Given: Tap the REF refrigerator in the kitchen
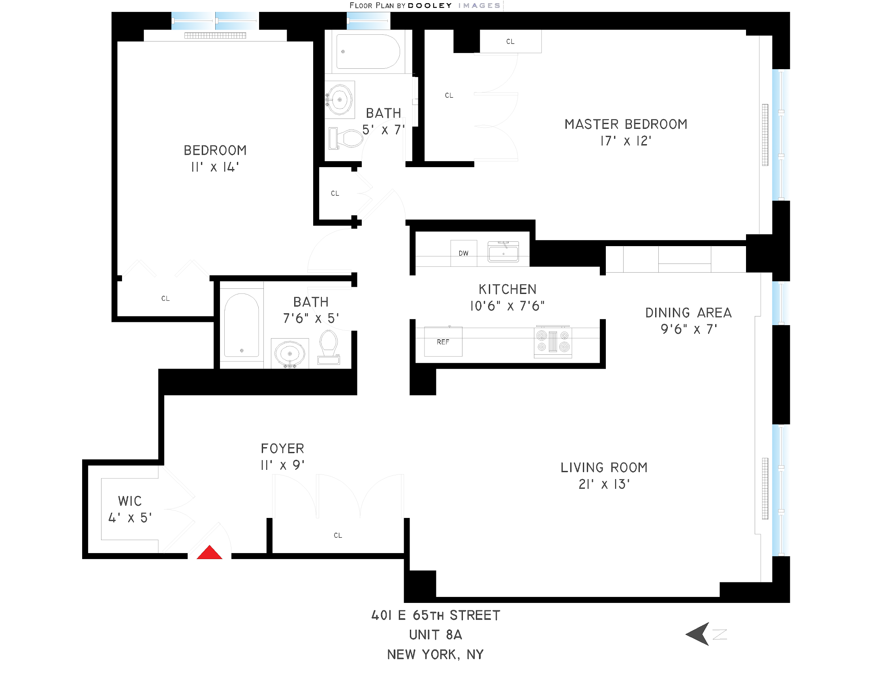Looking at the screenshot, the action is click(443, 342).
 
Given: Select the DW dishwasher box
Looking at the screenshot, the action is click(463, 253).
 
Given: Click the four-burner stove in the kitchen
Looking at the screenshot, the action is click(553, 341).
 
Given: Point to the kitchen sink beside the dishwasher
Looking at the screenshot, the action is click(503, 252).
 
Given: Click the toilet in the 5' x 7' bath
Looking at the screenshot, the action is click(346, 138).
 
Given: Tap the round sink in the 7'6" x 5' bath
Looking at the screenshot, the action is click(289, 353).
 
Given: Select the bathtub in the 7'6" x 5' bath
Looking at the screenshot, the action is click(241, 325).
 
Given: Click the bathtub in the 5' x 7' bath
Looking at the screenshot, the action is click(367, 51).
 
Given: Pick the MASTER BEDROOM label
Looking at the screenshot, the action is click(626, 124).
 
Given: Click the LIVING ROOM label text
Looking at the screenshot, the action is click(604, 467).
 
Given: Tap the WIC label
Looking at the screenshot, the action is click(130, 501).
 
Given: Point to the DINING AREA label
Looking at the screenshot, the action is click(688, 313).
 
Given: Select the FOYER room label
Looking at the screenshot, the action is click(282, 448).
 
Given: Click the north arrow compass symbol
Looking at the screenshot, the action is click(699, 634).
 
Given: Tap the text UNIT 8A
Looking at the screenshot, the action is click(435, 634).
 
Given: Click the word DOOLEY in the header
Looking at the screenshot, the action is click(430, 6).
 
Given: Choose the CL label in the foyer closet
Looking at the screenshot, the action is click(338, 535).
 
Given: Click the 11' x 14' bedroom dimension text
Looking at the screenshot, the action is click(215, 167).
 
